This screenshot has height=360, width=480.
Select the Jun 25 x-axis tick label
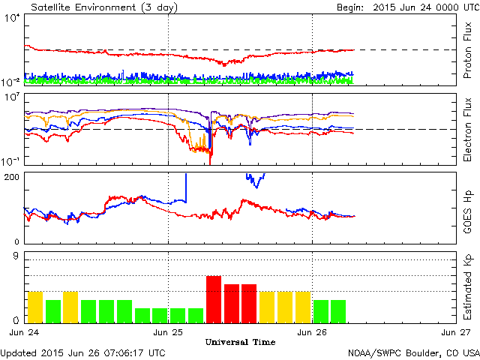(168, 331)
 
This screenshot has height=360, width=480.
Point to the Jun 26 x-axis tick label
(312, 331)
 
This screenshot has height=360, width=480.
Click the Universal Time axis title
(240, 342)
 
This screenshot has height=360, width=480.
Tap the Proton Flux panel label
(466, 50)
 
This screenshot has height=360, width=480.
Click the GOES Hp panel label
(466, 207)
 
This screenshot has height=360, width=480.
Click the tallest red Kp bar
(214, 298)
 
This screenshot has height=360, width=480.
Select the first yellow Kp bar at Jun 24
(35, 306)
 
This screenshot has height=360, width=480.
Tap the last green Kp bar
(338, 310)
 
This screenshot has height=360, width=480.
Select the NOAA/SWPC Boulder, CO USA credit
(413, 352)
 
